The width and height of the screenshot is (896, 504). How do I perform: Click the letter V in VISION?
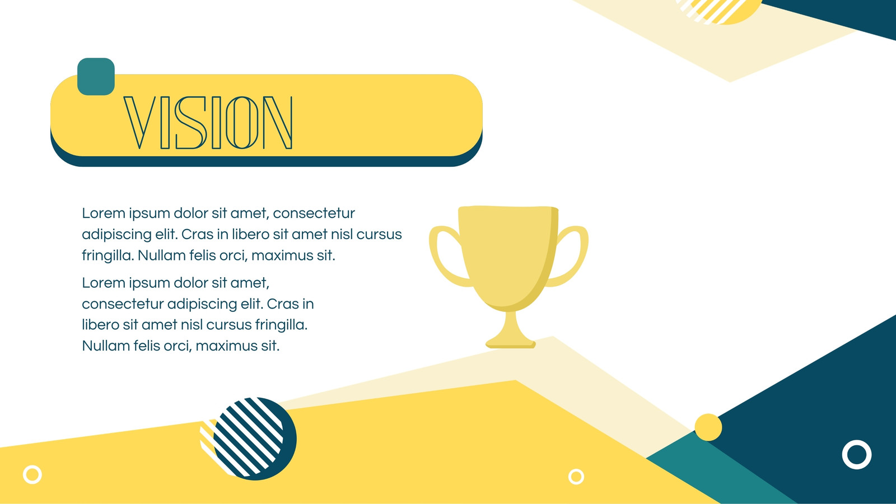point(139,123)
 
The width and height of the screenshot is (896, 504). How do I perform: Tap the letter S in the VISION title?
point(191,123)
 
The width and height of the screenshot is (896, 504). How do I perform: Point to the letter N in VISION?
point(278,123)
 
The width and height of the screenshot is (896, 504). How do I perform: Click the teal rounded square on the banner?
point(96,77)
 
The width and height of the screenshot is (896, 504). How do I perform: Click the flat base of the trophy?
point(510,344)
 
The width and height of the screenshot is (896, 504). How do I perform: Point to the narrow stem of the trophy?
point(510,324)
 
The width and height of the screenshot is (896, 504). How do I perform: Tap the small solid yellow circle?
point(708,427)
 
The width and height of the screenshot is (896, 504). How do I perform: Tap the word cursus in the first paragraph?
point(379,235)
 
